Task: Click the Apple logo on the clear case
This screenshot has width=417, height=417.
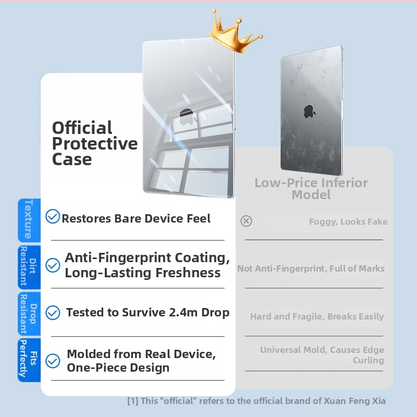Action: pyautogui.click(x=187, y=116)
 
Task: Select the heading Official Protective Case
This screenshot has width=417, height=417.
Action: pyautogui.click(x=95, y=143)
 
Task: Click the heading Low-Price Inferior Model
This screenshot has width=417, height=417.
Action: pyautogui.click(x=311, y=189)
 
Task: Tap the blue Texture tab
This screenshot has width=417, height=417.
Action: pyautogui.click(x=28, y=219)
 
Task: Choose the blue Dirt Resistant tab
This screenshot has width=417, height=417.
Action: pyautogui.click(x=28, y=266)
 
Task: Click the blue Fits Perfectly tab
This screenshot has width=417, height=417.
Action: pyautogui.click(x=28, y=359)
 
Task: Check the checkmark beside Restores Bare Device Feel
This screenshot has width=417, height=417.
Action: pyautogui.click(x=53, y=216)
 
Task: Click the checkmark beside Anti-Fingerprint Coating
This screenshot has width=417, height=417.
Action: pyautogui.click(x=53, y=265)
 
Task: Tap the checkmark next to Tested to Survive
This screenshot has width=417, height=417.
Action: pyautogui.click(x=53, y=313)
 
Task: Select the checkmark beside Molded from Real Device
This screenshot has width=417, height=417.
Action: pyautogui.click(x=53, y=361)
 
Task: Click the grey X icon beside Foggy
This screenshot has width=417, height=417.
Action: pyautogui.click(x=246, y=221)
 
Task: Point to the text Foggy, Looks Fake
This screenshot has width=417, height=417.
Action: pyautogui.click(x=348, y=222)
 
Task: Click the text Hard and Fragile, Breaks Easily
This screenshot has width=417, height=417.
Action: pyautogui.click(x=317, y=316)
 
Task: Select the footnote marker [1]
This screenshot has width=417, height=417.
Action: pyautogui.click(x=132, y=401)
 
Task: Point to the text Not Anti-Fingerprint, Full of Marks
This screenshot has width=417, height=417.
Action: pyautogui.click(x=311, y=268)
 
